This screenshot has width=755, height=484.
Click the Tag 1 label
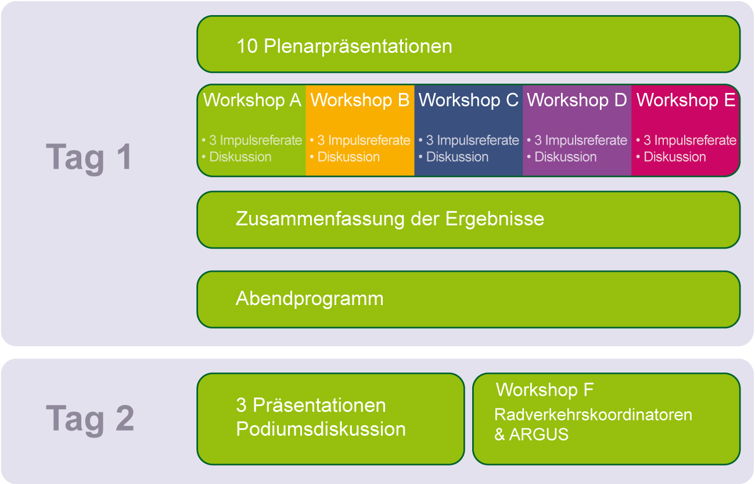click(x=89, y=157)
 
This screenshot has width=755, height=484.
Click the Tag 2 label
click(x=90, y=419)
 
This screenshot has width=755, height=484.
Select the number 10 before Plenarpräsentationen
click(x=247, y=46)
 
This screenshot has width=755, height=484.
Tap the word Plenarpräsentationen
click(x=358, y=46)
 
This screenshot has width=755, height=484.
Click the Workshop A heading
click(x=252, y=100)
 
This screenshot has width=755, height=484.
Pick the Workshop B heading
click(x=360, y=100)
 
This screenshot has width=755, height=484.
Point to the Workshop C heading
click(x=469, y=100)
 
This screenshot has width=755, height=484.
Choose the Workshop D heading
click(x=577, y=100)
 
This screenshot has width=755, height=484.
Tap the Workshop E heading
click(x=686, y=100)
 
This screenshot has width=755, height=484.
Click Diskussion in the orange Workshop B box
click(x=348, y=157)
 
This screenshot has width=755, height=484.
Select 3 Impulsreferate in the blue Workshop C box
click(x=473, y=140)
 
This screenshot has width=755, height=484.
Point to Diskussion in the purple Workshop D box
click(x=566, y=157)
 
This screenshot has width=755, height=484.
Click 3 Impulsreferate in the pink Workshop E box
click(x=690, y=140)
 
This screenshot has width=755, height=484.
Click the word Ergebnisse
click(x=495, y=219)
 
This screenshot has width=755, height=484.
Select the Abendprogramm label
click(x=310, y=299)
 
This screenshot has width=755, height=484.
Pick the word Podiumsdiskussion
click(x=321, y=429)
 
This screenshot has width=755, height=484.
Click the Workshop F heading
click(x=545, y=390)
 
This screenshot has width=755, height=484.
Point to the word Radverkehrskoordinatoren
click(x=593, y=414)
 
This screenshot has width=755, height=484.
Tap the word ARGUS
click(x=538, y=435)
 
